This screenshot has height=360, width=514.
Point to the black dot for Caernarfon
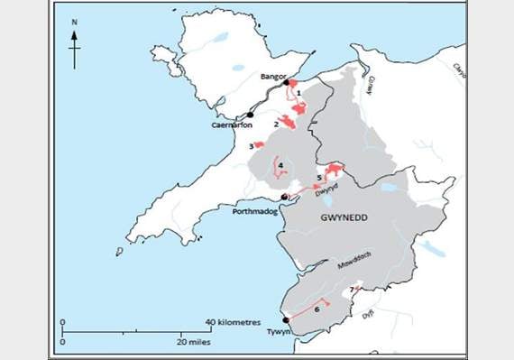pyautogui.click(x=250, y=115)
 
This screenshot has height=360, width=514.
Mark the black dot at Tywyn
pyautogui.click(x=286, y=320)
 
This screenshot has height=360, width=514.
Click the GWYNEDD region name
pyautogui.click(x=347, y=217)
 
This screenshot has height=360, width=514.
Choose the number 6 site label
pyautogui.click(x=317, y=309)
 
